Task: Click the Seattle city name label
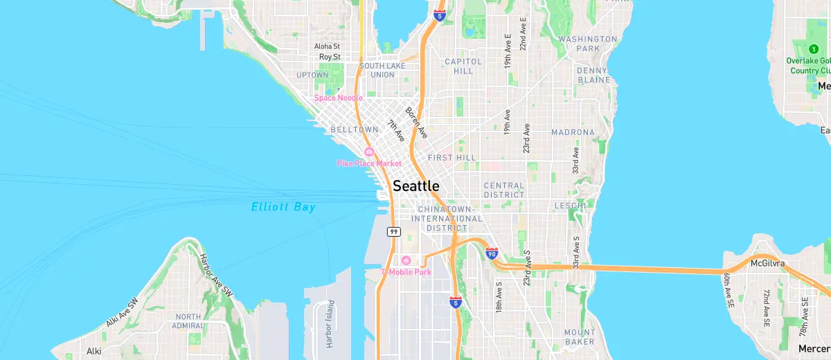point(415,186)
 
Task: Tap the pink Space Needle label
point(338,98)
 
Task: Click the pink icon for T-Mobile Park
point(406,260)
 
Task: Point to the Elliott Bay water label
point(283,207)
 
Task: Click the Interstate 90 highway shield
point(492,254)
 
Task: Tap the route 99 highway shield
point(393,232)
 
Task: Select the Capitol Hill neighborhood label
point(463,66)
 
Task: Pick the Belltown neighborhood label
point(355,129)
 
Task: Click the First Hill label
point(452,158)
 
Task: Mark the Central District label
point(504,190)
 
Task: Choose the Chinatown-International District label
point(446,218)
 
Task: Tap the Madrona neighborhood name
point(573,132)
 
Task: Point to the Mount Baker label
point(579,337)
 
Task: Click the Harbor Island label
point(330,323)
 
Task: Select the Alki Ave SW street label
point(123,313)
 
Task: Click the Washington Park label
point(588,44)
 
